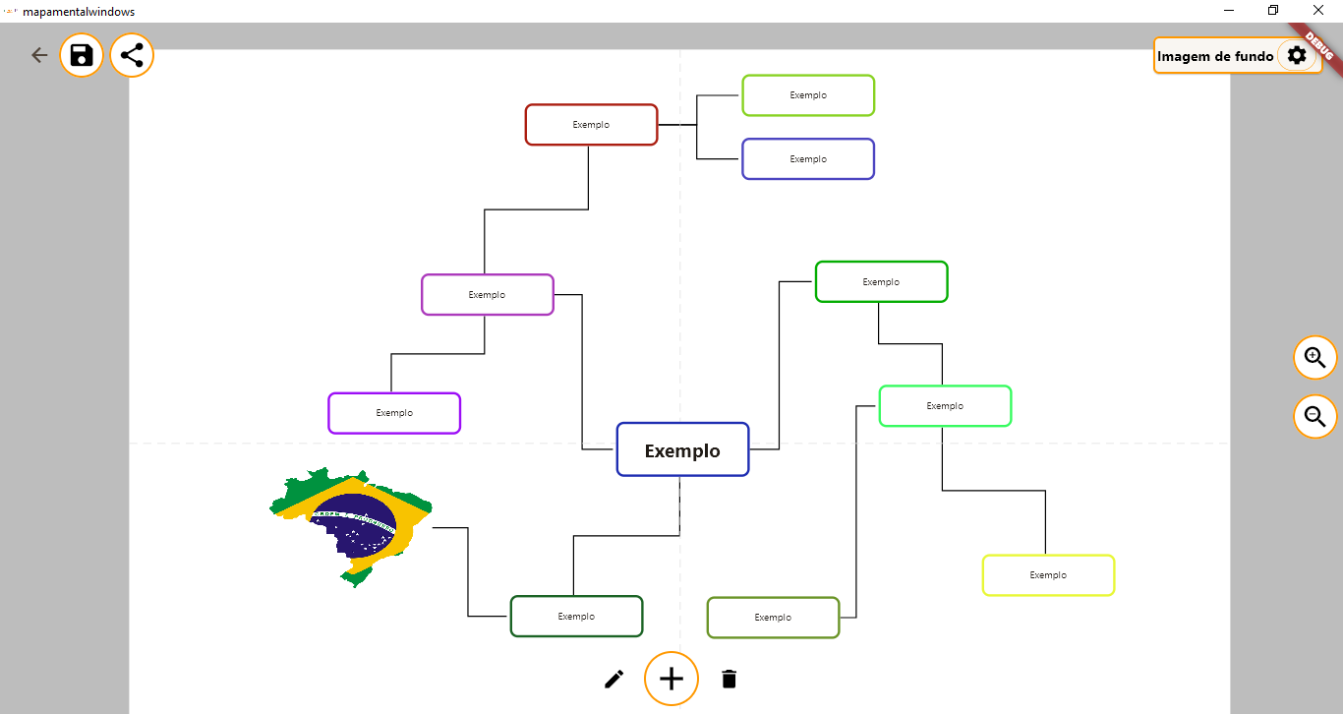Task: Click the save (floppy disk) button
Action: (82, 55)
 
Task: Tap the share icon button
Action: (132, 55)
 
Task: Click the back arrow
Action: (39, 55)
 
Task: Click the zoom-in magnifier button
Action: (1314, 358)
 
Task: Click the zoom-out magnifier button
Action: (1314, 417)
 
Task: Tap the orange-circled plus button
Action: (671, 679)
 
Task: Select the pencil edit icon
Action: (613, 680)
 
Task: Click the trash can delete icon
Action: (730, 680)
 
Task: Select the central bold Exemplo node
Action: (683, 449)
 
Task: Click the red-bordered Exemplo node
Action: (591, 125)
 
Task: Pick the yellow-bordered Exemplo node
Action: (1049, 575)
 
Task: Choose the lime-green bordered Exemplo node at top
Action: (808, 95)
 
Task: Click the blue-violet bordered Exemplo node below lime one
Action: (808, 159)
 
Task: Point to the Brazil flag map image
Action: (351, 526)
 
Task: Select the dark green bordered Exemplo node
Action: (577, 617)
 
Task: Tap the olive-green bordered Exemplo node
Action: (774, 618)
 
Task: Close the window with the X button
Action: (1317, 10)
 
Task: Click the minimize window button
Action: (1229, 10)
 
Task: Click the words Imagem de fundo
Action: (1215, 56)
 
